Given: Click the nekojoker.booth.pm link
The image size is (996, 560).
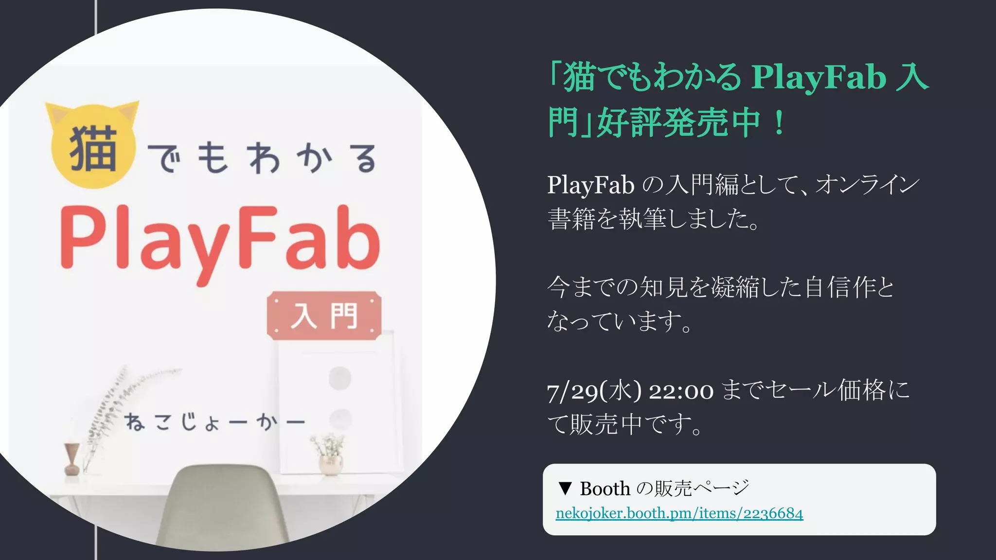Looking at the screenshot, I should click(x=679, y=513).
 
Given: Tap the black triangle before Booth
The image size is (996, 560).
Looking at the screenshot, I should click(x=565, y=489).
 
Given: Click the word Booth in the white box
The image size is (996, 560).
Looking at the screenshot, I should click(x=605, y=489).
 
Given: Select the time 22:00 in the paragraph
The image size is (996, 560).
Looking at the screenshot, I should click(x=681, y=391).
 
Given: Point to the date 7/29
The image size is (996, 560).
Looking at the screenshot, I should click(x=572, y=391).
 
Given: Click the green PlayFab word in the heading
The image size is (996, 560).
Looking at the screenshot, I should click(x=818, y=78).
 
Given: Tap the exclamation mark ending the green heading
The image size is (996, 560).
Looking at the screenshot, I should click(x=779, y=122).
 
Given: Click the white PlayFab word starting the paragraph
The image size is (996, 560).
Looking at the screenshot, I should click(x=590, y=185).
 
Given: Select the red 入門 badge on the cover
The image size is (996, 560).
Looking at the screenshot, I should click(x=324, y=315).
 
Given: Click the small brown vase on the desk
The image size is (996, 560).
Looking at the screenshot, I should click(x=71, y=459).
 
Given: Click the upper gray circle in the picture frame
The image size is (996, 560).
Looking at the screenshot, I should click(x=340, y=378).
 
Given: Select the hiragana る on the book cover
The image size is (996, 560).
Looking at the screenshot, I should click(x=365, y=158).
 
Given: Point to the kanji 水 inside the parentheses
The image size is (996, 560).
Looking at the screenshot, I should click(x=621, y=391).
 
